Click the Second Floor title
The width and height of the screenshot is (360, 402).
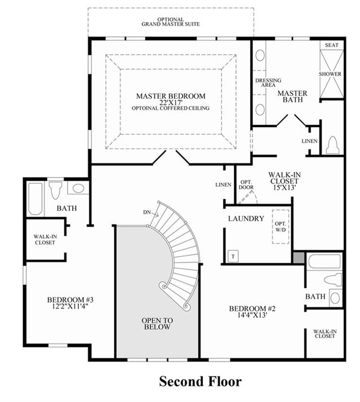click(x=200, y=382)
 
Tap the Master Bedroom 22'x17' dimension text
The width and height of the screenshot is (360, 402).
click(x=171, y=102)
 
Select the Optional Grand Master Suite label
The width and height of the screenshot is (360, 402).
click(x=171, y=22)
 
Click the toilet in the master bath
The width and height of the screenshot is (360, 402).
click(x=332, y=145)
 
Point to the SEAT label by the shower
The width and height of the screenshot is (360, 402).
click(x=332, y=45)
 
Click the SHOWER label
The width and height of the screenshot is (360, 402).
click(x=330, y=74)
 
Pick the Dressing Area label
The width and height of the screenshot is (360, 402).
click(x=268, y=82)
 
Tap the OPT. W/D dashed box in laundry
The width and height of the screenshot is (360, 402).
click(x=281, y=227)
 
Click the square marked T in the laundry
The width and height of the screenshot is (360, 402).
click(x=233, y=256)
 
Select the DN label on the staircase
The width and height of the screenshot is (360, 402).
click(x=147, y=212)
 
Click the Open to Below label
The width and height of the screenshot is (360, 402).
click(x=157, y=324)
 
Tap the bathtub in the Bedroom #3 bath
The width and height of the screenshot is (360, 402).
click(x=35, y=198)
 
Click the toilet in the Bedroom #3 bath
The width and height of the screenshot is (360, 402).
click(x=56, y=190)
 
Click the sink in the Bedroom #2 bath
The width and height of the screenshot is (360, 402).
click(x=336, y=298)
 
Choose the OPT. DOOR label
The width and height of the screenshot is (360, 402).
click(x=246, y=184)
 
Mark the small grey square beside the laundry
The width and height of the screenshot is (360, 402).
click(x=299, y=258)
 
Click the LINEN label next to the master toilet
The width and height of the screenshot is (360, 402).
click(x=309, y=141)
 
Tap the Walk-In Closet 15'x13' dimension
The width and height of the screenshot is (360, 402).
click(x=285, y=187)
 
